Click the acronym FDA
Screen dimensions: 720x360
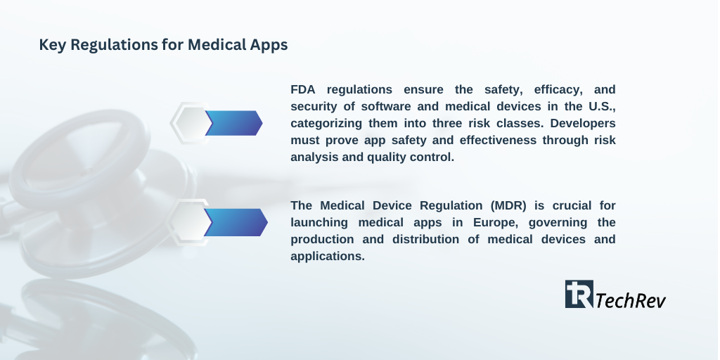(x=303, y=89)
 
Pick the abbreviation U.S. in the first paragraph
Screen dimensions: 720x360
(x=602, y=107)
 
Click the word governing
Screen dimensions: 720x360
(x=558, y=223)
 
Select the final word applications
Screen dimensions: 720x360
(x=328, y=256)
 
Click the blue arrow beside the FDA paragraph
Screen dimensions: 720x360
(x=234, y=123)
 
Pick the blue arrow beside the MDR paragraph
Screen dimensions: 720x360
(x=236, y=222)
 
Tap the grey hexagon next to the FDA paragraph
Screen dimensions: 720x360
(x=190, y=123)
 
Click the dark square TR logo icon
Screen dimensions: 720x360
(x=579, y=294)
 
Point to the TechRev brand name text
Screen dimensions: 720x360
(x=631, y=300)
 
